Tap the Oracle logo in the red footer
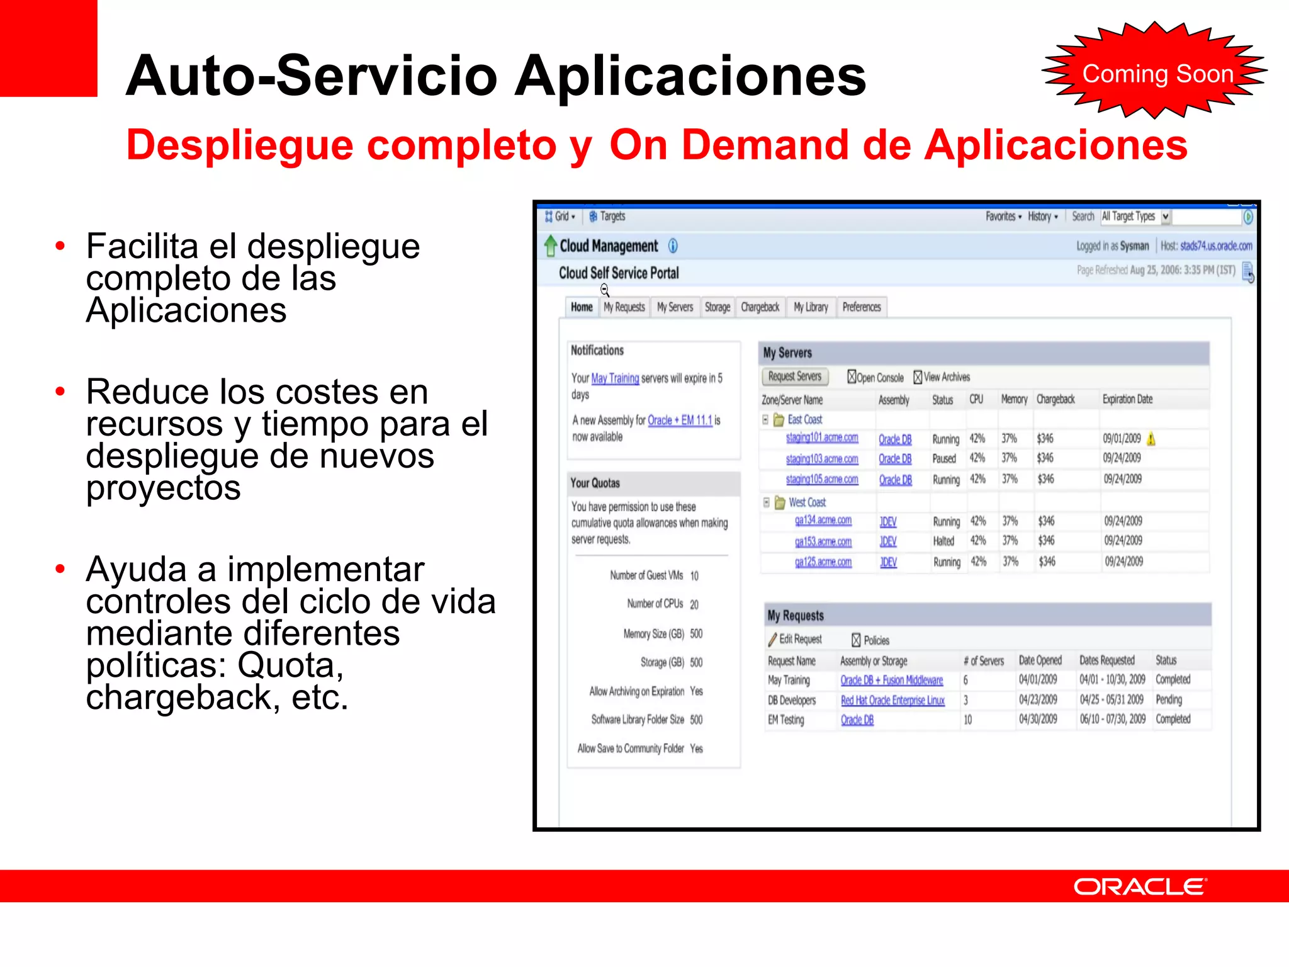(x=1139, y=886)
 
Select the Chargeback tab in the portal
(x=760, y=307)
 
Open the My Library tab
(x=811, y=307)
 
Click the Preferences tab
(x=861, y=307)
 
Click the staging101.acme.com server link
(x=821, y=438)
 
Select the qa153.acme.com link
(x=823, y=542)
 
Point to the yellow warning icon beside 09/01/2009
(x=1151, y=439)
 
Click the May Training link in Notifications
(x=615, y=378)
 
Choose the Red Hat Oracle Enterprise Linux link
(x=892, y=701)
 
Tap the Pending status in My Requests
(x=1169, y=700)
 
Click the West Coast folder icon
(x=780, y=502)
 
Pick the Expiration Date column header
(x=1127, y=399)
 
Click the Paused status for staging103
(x=943, y=459)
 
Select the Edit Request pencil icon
(x=772, y=640)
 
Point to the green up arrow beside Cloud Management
(x=551, y=246)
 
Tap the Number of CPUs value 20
(x=694, y=604)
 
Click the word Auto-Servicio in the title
(x=312, y=76)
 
